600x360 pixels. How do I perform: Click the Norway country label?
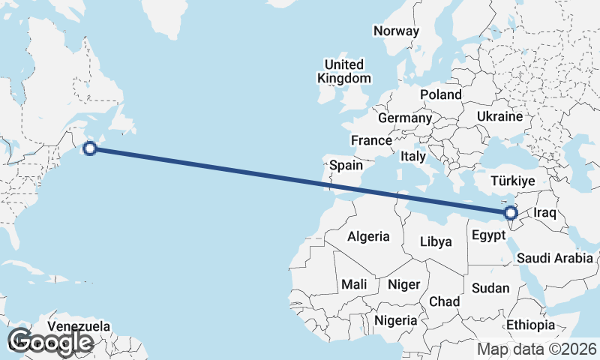396,31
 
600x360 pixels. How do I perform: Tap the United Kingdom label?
343,71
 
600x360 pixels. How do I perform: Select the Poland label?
441,94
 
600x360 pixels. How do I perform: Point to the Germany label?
405,118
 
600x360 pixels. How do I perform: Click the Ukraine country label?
499,117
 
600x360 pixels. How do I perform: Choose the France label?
371,140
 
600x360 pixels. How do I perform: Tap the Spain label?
346,165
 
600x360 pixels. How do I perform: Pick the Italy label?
413,157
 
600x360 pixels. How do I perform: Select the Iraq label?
544,213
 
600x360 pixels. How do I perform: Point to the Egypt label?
488,235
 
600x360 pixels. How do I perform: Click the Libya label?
436,241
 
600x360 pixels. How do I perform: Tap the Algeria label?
368,236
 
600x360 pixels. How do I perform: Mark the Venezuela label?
79,327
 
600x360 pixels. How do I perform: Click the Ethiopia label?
530,325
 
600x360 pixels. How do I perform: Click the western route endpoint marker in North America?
90,148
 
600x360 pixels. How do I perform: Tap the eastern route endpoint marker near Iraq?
512,214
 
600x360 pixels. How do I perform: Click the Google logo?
50,341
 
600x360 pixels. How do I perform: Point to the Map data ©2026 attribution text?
537,349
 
